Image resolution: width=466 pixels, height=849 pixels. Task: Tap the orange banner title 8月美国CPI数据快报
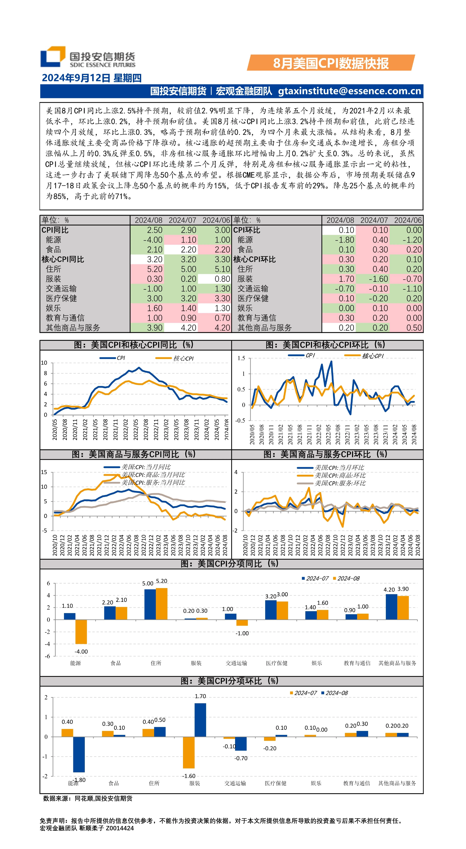pos(331,63)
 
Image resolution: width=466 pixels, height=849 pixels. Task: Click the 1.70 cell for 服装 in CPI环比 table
pos(346,279)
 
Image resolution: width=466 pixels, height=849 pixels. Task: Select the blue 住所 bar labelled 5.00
pos(150,604)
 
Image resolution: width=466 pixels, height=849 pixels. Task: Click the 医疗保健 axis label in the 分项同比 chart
pos(277,663)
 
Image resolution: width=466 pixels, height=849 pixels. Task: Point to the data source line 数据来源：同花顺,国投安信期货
pos(88,798)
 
